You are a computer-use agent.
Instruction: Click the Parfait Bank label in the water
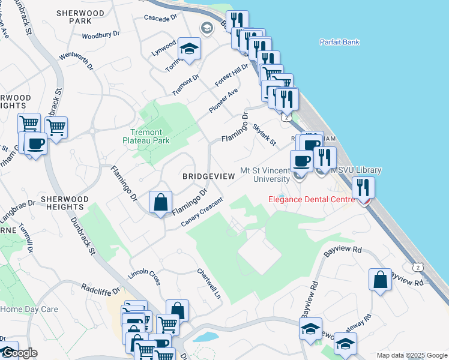339,42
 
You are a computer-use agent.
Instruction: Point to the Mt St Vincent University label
265,175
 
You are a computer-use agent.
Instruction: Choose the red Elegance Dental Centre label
310,199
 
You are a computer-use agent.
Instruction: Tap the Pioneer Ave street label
223,100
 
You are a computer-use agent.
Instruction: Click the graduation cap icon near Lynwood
190,49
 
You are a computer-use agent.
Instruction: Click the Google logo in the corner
19,353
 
